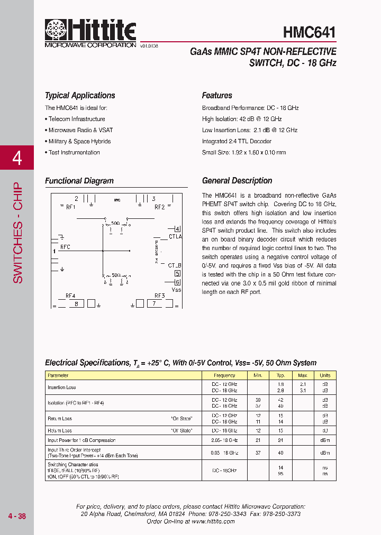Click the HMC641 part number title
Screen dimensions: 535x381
click(x=310, y=32)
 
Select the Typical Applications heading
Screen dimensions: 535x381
click(x=80, y=96)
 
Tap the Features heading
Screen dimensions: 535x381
click(x=217, y=96)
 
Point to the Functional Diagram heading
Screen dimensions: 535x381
click(x=79, y=181)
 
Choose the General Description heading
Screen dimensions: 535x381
click(x=237, y=181)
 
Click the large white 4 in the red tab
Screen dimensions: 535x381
click(x=17, y=158)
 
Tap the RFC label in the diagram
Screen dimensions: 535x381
click(x=65, y=247)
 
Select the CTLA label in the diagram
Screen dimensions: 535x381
click(x=175, y=236)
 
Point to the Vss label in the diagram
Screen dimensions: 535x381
click(x=177, y=290)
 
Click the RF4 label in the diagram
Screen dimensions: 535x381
click(x=70, y=296)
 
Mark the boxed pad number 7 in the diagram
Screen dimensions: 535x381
click(x=154, y=303)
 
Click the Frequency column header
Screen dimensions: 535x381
click(x=224, y=375)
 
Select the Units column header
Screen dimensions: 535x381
click(x=324, y=375)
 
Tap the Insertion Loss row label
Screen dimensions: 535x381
click(x=61, y=388)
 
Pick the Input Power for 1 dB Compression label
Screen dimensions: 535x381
click(x=81, y=440)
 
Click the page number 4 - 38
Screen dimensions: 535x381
click(x=17, y=516)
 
